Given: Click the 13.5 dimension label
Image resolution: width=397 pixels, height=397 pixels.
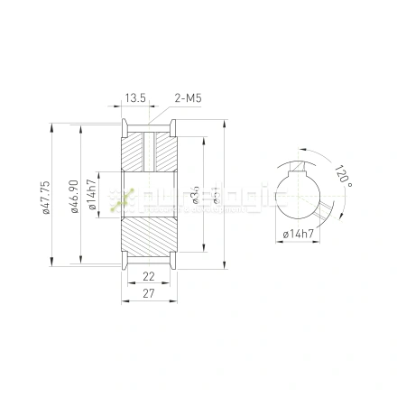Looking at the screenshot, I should (x=136, y=97).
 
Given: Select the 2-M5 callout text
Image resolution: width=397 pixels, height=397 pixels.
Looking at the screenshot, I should (x=187, y=97).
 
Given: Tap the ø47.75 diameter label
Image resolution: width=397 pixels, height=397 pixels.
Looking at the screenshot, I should (x=46, y=198).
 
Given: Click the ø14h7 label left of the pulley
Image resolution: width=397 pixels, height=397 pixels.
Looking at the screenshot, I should (x=93, y=197).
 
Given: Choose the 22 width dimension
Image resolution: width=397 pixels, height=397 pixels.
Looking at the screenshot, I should (x=149, y=277).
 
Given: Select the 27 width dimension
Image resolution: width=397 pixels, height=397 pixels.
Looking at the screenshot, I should (x=149, y=294).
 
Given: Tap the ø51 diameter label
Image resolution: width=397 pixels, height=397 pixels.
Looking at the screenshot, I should (x=215, y=197).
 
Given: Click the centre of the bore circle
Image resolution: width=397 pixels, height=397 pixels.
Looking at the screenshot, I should (x=298, y=197).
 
